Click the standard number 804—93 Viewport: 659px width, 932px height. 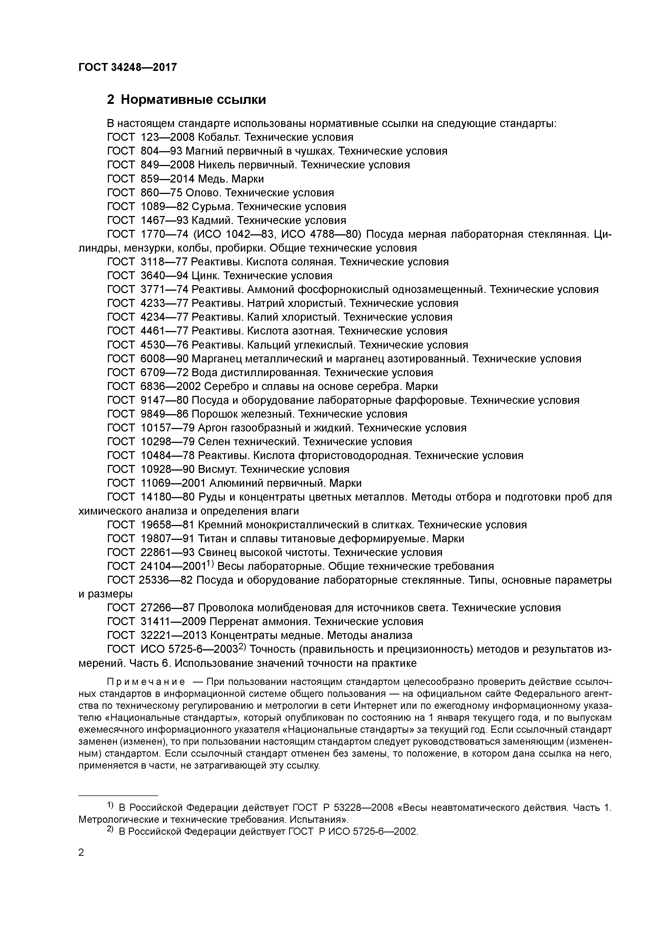(x=161, y=151)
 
